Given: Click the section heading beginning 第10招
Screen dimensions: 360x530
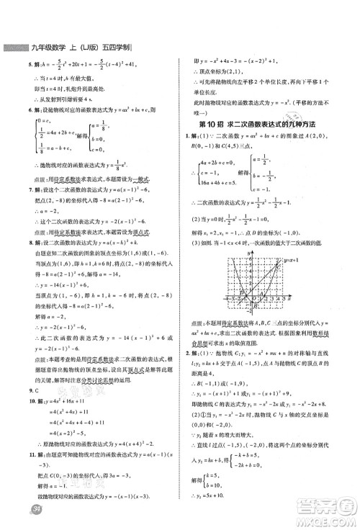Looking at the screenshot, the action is (269, 125).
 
